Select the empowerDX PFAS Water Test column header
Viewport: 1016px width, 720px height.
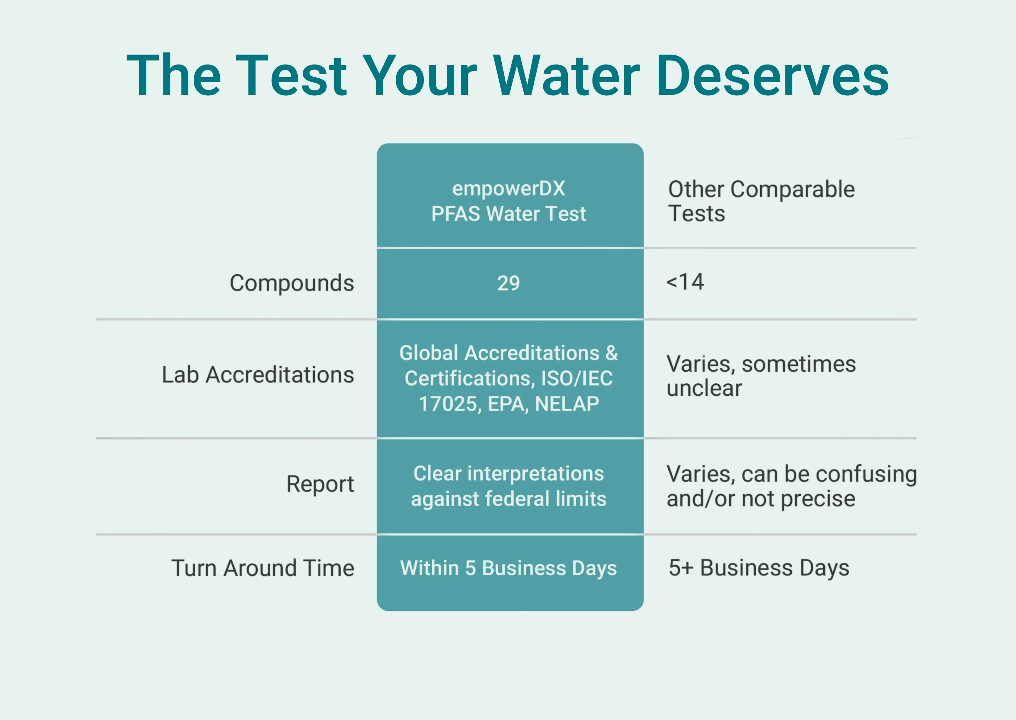click(509, 201)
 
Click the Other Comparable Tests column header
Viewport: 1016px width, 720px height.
click(762, 201)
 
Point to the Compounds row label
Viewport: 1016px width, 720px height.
click(292, 283)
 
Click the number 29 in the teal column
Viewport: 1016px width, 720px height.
click(509, 283)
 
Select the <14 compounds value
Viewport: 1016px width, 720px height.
click(685, 282)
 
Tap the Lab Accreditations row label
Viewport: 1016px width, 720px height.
click(258, 375)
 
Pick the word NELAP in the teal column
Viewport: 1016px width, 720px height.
click(567, 404)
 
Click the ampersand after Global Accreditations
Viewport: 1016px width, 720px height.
click(611, 353)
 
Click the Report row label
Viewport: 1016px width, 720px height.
click(320, 484)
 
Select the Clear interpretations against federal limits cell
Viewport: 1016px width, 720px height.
click(509, 486)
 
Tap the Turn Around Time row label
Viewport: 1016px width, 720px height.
click(263, 568)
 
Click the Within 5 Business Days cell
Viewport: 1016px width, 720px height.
click(509, 568)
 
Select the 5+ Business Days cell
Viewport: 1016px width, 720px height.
click(759, 568)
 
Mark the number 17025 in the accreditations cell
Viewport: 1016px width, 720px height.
click(449, 404)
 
